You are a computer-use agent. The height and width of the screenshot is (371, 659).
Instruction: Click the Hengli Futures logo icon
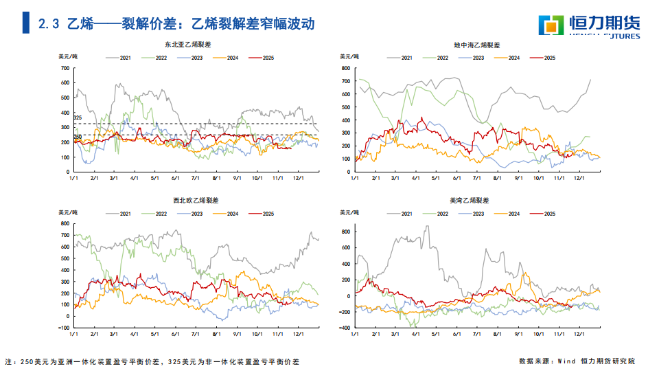(551, 25)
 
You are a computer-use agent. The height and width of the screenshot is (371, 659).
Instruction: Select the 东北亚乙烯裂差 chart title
(188, 45)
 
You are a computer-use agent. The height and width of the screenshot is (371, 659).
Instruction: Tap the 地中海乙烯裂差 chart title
(477, 45)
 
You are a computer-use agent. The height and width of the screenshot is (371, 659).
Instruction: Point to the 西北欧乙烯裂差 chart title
(196, 200)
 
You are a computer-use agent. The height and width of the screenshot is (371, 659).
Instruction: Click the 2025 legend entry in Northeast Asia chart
(261, 58)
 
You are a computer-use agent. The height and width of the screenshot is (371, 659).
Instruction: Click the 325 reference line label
(78, 118)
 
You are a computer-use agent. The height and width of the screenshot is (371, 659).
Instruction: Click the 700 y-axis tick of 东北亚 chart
(65, 68)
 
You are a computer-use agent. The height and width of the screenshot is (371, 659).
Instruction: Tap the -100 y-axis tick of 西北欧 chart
(64, 316)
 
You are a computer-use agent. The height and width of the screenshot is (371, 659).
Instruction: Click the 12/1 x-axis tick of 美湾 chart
(579, 335)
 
